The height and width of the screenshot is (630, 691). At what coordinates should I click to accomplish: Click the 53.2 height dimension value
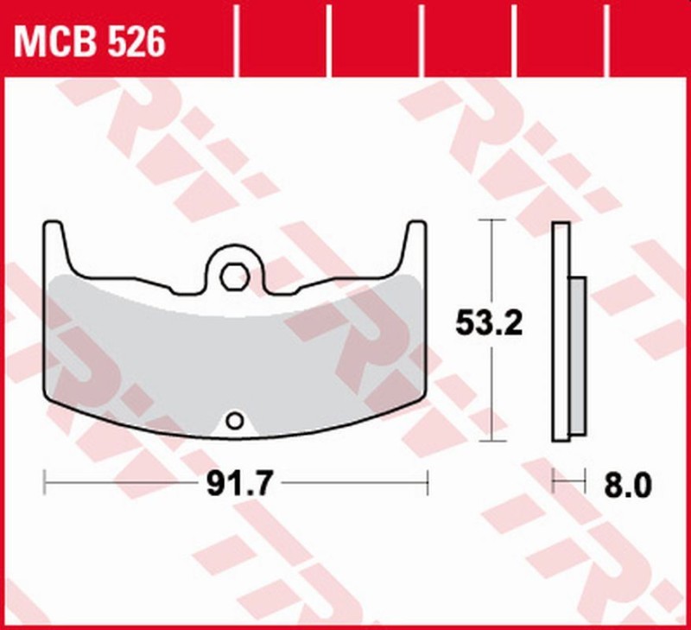pos(487,325)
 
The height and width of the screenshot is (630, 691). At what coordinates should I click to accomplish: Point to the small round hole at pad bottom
pos(233,421)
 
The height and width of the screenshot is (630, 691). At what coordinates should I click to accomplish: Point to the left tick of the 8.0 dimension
pos(555,482)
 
